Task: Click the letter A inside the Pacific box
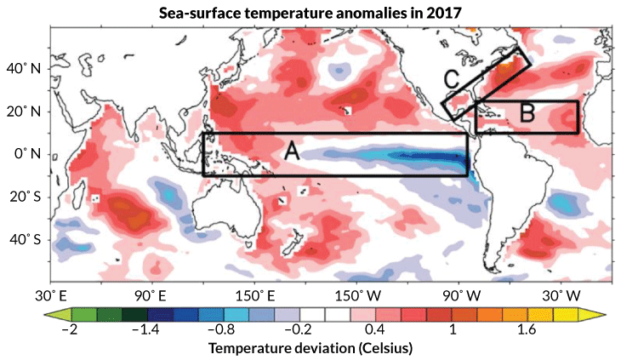point(291,151)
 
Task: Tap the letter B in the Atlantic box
point(527,111)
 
